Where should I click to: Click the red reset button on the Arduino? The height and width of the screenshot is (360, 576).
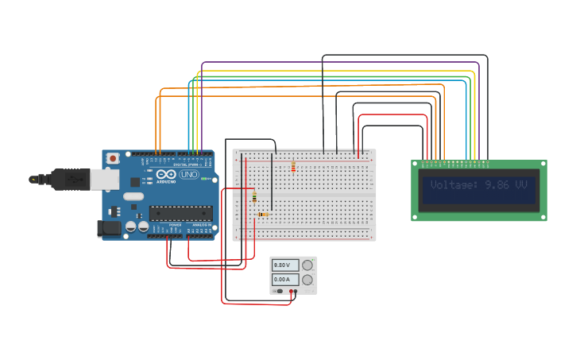click(x=113, y=158)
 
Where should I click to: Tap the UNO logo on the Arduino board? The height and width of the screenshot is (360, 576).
click(x=189, y=175)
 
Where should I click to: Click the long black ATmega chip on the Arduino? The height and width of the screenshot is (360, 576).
click(x=181, y=213)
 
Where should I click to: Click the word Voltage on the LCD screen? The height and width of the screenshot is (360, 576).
click(x=454, y=185)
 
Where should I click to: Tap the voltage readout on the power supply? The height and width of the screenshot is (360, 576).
click(x=285, y=265)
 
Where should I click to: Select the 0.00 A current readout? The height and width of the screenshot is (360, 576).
click(x=285, y=280)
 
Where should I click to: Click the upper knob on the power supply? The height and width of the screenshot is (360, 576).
click(x=307, y=265)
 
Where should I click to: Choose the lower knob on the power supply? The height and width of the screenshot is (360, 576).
click(x=307, y=280)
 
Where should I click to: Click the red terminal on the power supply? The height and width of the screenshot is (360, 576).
click(x=296, y=292)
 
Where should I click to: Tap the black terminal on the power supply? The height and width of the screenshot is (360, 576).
click(x=291, y=292)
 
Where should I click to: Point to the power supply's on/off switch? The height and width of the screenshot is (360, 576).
click(x=278, y=292)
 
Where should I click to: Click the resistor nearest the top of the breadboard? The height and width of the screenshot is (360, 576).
click(x=293, y=167)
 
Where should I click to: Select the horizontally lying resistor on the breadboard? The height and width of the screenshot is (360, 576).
click(x=264, y=214)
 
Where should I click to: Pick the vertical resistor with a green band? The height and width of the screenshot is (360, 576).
click(x=254, y=197)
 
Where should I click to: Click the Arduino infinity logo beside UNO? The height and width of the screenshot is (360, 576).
click(x=167, y=175)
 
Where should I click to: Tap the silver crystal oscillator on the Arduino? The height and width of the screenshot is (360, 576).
click(x=133, y=196)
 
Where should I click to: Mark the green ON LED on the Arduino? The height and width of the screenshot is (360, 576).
click(x=203, y=179)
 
